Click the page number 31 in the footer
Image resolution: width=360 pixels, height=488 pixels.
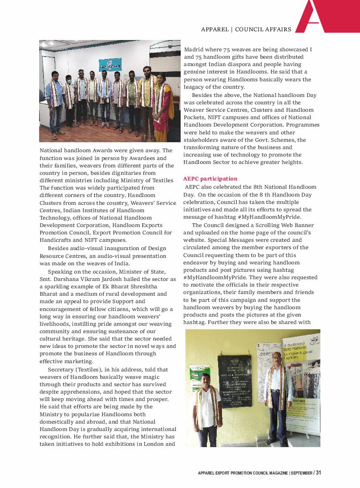click(319, 473)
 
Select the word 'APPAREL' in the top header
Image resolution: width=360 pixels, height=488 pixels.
click(215, 30)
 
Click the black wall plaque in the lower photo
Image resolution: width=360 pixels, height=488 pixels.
click(234, 381)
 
